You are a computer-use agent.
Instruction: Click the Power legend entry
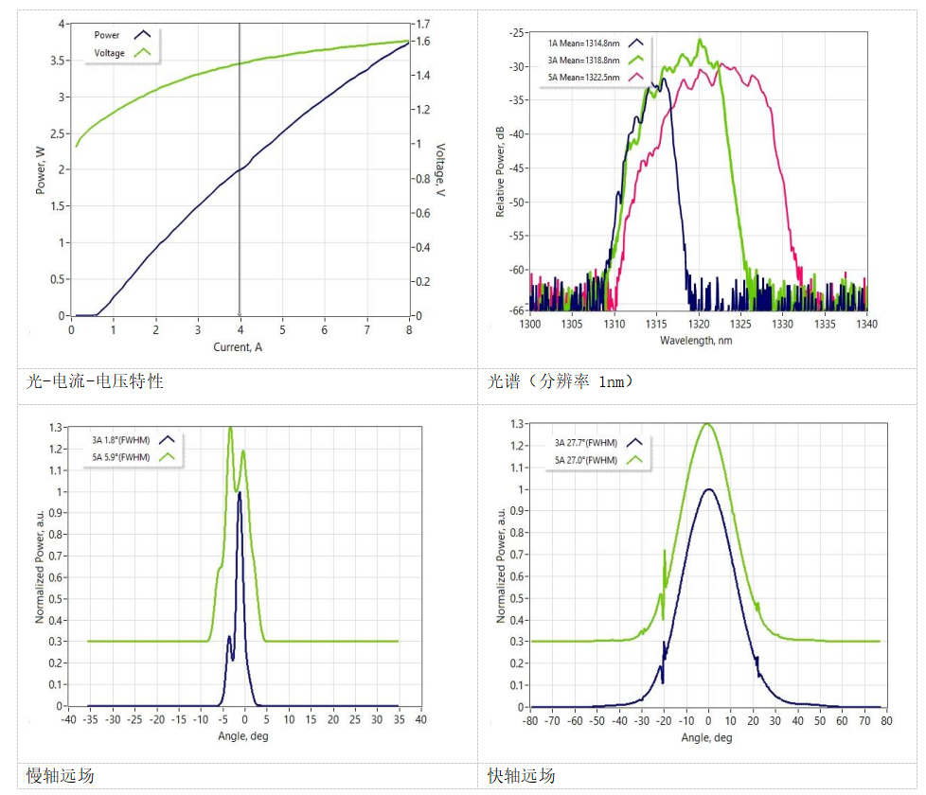(107, 35)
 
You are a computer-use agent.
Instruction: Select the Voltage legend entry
(110, 53)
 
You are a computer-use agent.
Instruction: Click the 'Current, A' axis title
(240, 347)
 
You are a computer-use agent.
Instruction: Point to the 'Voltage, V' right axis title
(439, 170)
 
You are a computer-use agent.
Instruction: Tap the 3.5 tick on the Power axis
(60, 61)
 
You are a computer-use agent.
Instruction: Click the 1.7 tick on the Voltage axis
(422, 25)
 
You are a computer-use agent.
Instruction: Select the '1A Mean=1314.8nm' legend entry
(583, 44)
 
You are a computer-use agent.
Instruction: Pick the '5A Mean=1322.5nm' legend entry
(583, 77)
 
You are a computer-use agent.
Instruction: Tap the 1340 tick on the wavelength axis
(866, 324)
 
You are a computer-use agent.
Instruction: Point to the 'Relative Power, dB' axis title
(501, 171)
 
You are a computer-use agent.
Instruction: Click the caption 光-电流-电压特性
(95, 381)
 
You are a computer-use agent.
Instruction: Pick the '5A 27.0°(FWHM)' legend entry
(586, 460)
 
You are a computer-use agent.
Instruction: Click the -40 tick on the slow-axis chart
(68, 720)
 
